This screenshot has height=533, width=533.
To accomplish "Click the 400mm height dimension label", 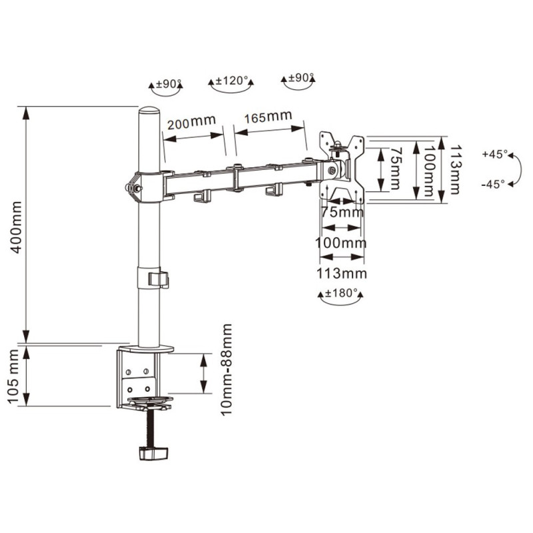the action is tap(16, 227).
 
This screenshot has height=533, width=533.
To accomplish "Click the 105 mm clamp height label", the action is tap(14, 376).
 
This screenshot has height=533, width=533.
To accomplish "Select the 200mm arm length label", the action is tap(191, 122).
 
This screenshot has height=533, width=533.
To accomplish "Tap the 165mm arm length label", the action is tap(268, 117).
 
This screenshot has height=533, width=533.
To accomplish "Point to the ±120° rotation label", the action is tap(231, 81).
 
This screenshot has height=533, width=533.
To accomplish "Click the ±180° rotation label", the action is tap(341, 292).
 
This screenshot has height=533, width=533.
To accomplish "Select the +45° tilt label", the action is tap(494, 154).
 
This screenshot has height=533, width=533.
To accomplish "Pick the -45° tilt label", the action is tap(493, 185).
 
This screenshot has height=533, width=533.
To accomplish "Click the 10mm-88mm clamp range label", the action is tap(226, 370).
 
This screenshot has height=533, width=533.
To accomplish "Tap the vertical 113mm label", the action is tap(456, 169).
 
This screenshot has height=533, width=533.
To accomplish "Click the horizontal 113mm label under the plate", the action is tap(342, 273).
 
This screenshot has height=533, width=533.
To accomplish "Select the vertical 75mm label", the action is tap(394, 169).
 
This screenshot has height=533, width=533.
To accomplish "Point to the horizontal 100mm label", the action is tap(341, 243).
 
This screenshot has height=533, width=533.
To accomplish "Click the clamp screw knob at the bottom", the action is tap(154, 453).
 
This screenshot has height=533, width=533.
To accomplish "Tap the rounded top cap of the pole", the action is tap(149, 111).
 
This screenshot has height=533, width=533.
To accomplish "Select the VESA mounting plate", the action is tap(342, 168).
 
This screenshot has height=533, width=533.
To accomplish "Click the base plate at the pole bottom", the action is tap(146, 348).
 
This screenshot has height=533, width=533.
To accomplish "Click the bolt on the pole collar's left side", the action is tap(135, 187).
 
